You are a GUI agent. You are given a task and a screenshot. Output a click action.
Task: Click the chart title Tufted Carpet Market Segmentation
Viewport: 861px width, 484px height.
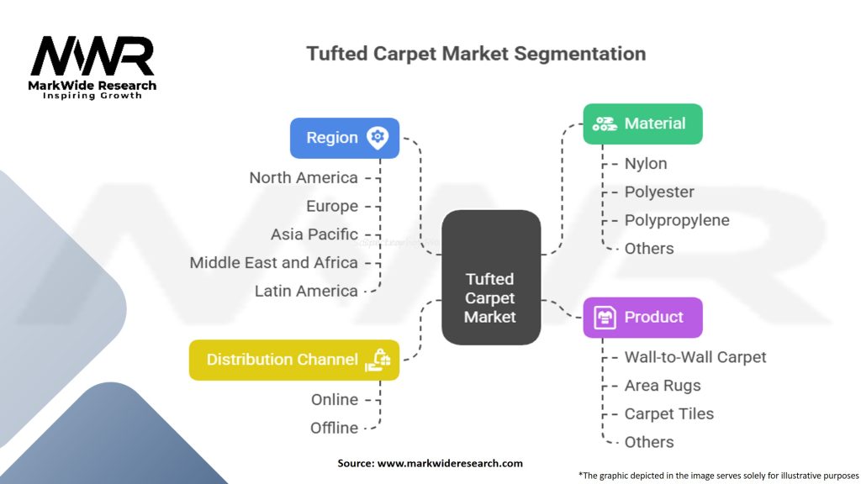(x=476, y=54)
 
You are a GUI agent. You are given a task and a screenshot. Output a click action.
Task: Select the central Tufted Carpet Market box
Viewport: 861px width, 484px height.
(x=490, y=277)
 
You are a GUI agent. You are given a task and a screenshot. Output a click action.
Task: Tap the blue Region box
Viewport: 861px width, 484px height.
(x=344, y=138)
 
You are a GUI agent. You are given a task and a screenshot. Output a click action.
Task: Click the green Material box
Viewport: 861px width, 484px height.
(x=642, y=124)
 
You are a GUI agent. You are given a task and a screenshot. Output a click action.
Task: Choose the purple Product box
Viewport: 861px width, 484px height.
(x=642, y=317)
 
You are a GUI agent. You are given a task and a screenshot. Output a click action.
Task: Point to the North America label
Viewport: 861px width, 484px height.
(x=304, y=177)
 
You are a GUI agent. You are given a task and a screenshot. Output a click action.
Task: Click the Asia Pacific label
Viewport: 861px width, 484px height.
(x=314, y=234)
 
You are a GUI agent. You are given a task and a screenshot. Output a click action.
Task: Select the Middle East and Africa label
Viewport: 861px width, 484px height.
(x=273, y=262)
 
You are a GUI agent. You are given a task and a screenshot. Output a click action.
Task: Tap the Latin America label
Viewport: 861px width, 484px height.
(x=306, y=291)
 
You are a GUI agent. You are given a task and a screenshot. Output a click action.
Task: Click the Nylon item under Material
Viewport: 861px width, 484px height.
(x=646, y=164)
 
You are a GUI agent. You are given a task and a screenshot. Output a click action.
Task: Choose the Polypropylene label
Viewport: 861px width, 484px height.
(x=677, y=220)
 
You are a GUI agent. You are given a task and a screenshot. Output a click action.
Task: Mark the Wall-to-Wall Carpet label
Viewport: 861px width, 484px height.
(x=695, y=357)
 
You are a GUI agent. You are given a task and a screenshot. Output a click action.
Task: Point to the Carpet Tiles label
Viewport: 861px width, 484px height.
(x=668, y=413)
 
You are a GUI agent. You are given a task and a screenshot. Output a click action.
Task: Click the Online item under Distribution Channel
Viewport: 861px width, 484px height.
(x=335, y=399)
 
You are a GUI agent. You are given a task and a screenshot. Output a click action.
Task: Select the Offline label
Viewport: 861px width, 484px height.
(x=334, y=428)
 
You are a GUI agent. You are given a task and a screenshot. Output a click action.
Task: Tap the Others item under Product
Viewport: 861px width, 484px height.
(x=649, y=442)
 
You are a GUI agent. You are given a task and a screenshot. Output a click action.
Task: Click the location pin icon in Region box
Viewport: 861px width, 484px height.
(x=377, y=138)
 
